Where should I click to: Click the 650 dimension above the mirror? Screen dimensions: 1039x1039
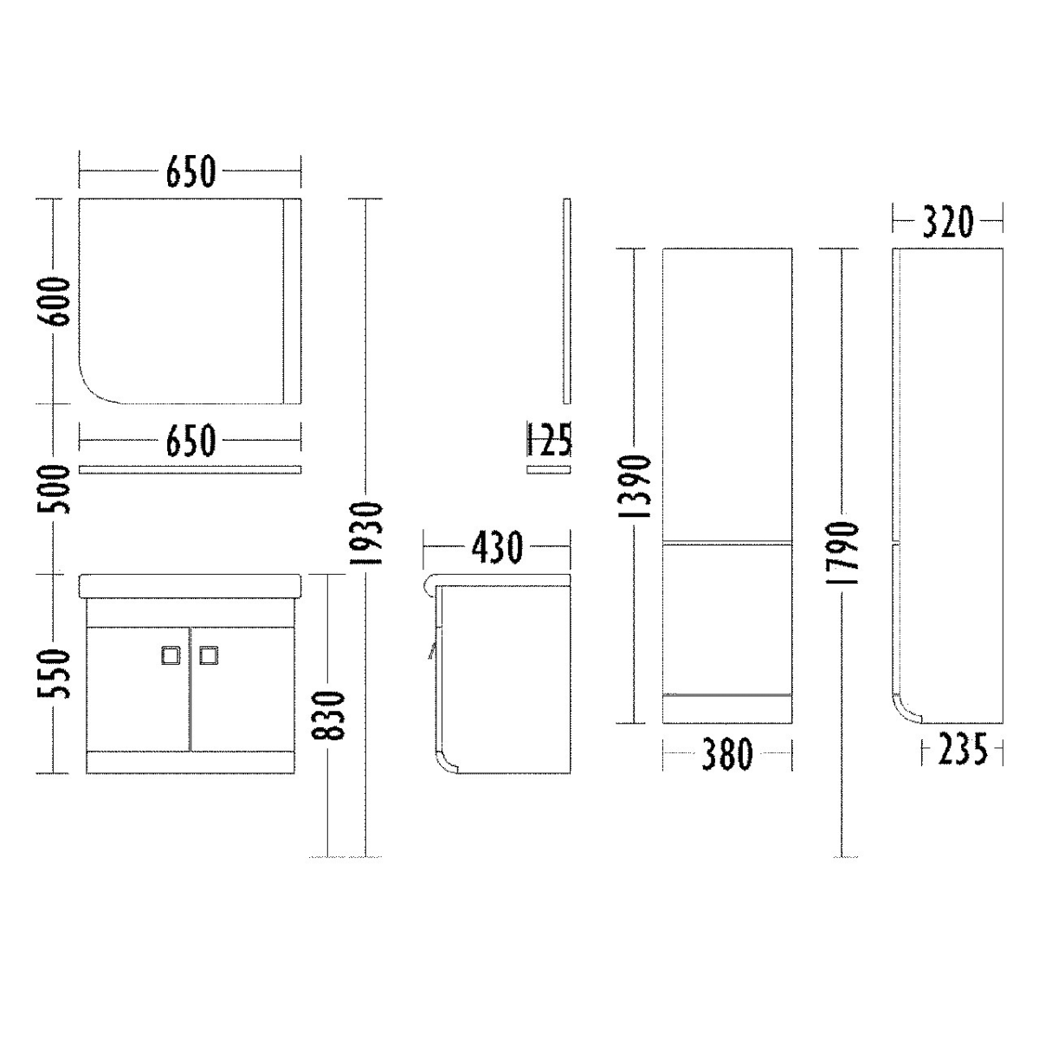pyautogui.click(x=190, y=171)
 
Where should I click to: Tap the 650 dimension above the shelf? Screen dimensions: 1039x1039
pyautogui.click(x=190, y=440)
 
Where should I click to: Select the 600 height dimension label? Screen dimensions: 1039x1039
pyautogui.click(x=54, y=301)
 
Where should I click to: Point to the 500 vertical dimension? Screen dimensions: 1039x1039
pyautogui.click(x=54, y=489)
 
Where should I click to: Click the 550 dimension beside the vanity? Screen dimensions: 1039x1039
pyautogui.click(x=54, y=674)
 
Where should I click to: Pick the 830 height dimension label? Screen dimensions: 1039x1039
pyautogui.click(x=327, y=715)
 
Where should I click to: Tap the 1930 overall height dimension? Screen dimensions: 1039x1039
pyautogui.click(x=365, y=533)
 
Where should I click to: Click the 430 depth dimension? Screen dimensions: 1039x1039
pyautogui.click(x=497, y=547)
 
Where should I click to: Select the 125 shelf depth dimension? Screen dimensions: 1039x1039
pyautogui.click(x=548, y=440)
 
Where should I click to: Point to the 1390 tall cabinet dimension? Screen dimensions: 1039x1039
pyautogui.click(x=634, y=487)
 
